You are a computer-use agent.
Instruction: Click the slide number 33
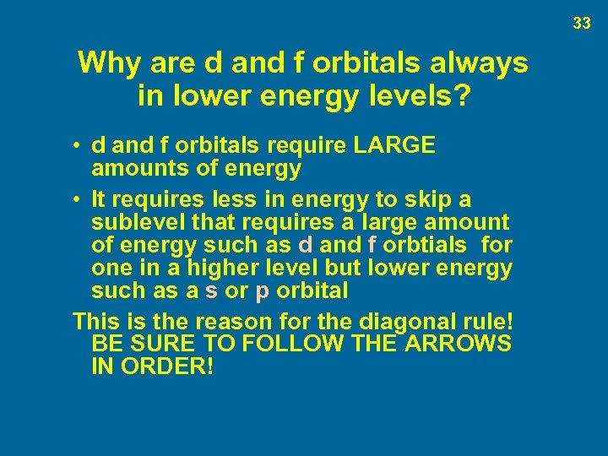pyautogui.click(x=581, y=24)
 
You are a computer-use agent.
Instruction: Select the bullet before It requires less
pyautogui.click(x=76, y=201)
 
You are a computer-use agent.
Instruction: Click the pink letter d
pyautogui.click(x=306, y=246)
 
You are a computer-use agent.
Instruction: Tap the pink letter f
pyautogui.click(x=372, y=246)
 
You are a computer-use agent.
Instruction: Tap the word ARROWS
pyautogui.click(x=459, y=345)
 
